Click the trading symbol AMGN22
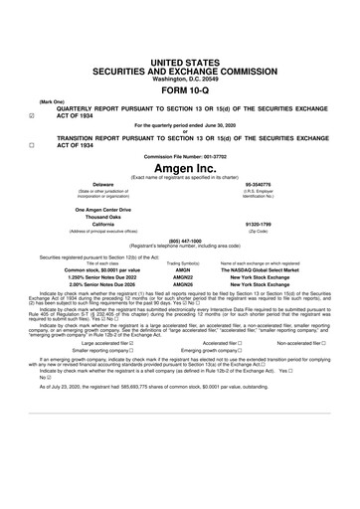(x=183, y=277)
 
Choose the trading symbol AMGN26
(x=183, y=285)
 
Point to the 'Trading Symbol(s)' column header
(x=183, y=262)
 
